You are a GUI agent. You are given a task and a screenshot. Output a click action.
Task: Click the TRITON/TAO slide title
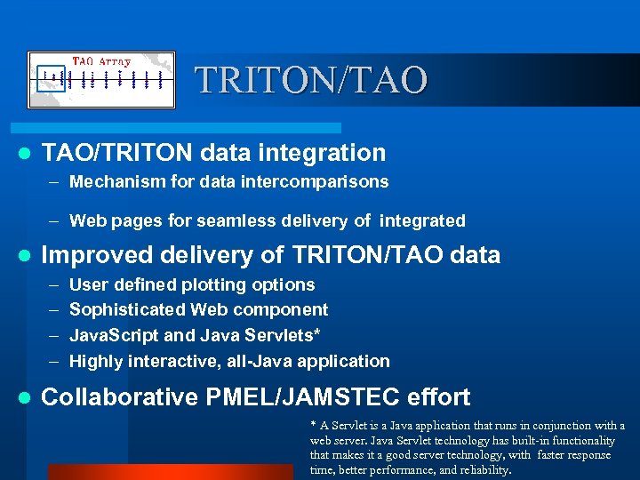312,80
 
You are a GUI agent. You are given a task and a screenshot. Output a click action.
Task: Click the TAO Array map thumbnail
100,80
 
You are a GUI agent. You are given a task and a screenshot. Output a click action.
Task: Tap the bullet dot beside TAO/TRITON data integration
26,153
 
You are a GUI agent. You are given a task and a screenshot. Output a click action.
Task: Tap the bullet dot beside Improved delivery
26,256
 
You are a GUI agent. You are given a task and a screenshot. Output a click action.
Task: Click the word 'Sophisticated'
127,309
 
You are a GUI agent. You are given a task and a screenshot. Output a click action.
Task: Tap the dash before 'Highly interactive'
52,361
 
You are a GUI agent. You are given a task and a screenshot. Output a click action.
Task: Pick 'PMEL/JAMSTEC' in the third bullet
300,396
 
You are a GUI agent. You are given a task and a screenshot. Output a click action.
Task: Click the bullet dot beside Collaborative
26,397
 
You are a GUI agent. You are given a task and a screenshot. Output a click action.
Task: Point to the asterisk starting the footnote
313,424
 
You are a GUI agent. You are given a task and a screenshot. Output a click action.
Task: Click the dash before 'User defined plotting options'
52,284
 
